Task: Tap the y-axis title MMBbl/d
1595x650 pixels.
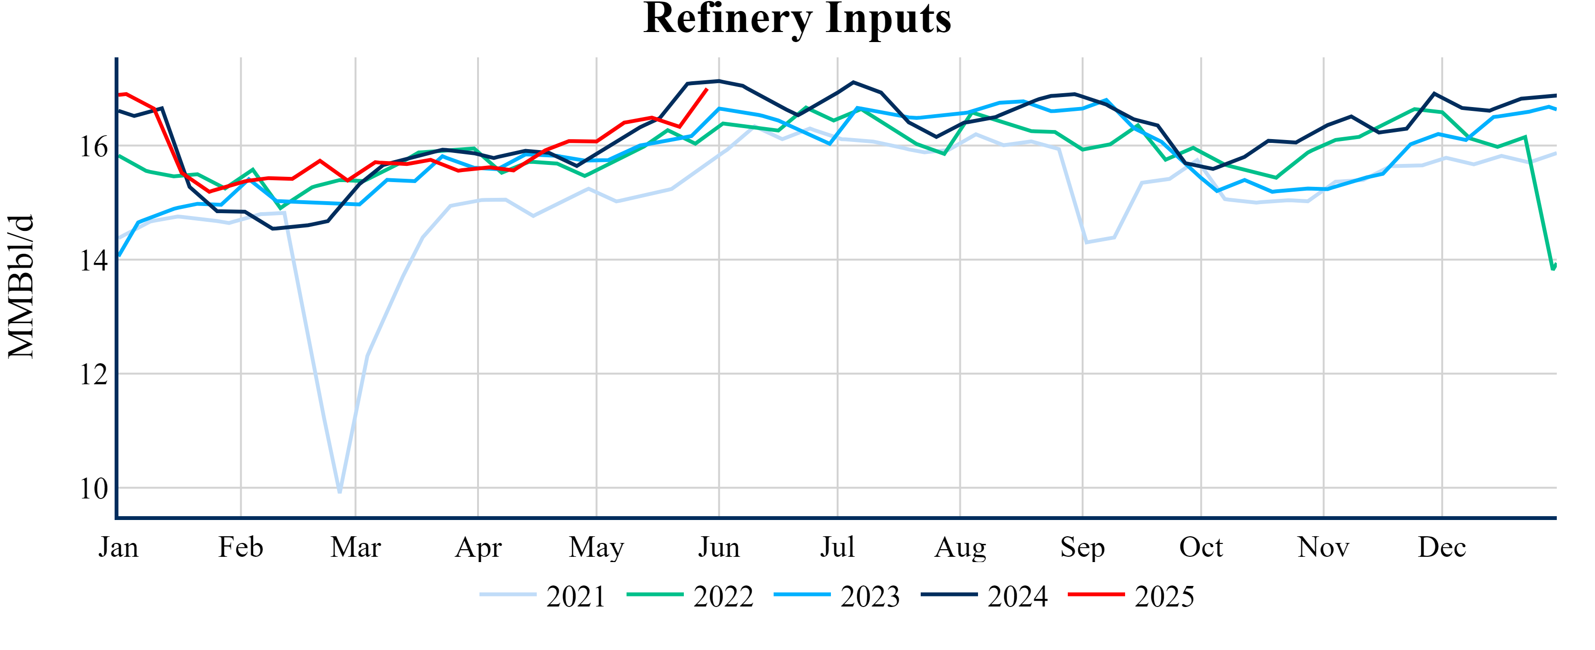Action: click(21, 286)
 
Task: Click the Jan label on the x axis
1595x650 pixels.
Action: click(118, 547)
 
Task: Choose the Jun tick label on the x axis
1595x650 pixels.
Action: click(719, 547)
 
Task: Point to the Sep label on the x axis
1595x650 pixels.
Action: click(1082, 547)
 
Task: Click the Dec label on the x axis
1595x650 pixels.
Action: click(1442, 547)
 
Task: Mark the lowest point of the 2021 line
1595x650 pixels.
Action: click(340, 492)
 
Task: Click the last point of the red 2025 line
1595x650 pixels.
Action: click(706, 89)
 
